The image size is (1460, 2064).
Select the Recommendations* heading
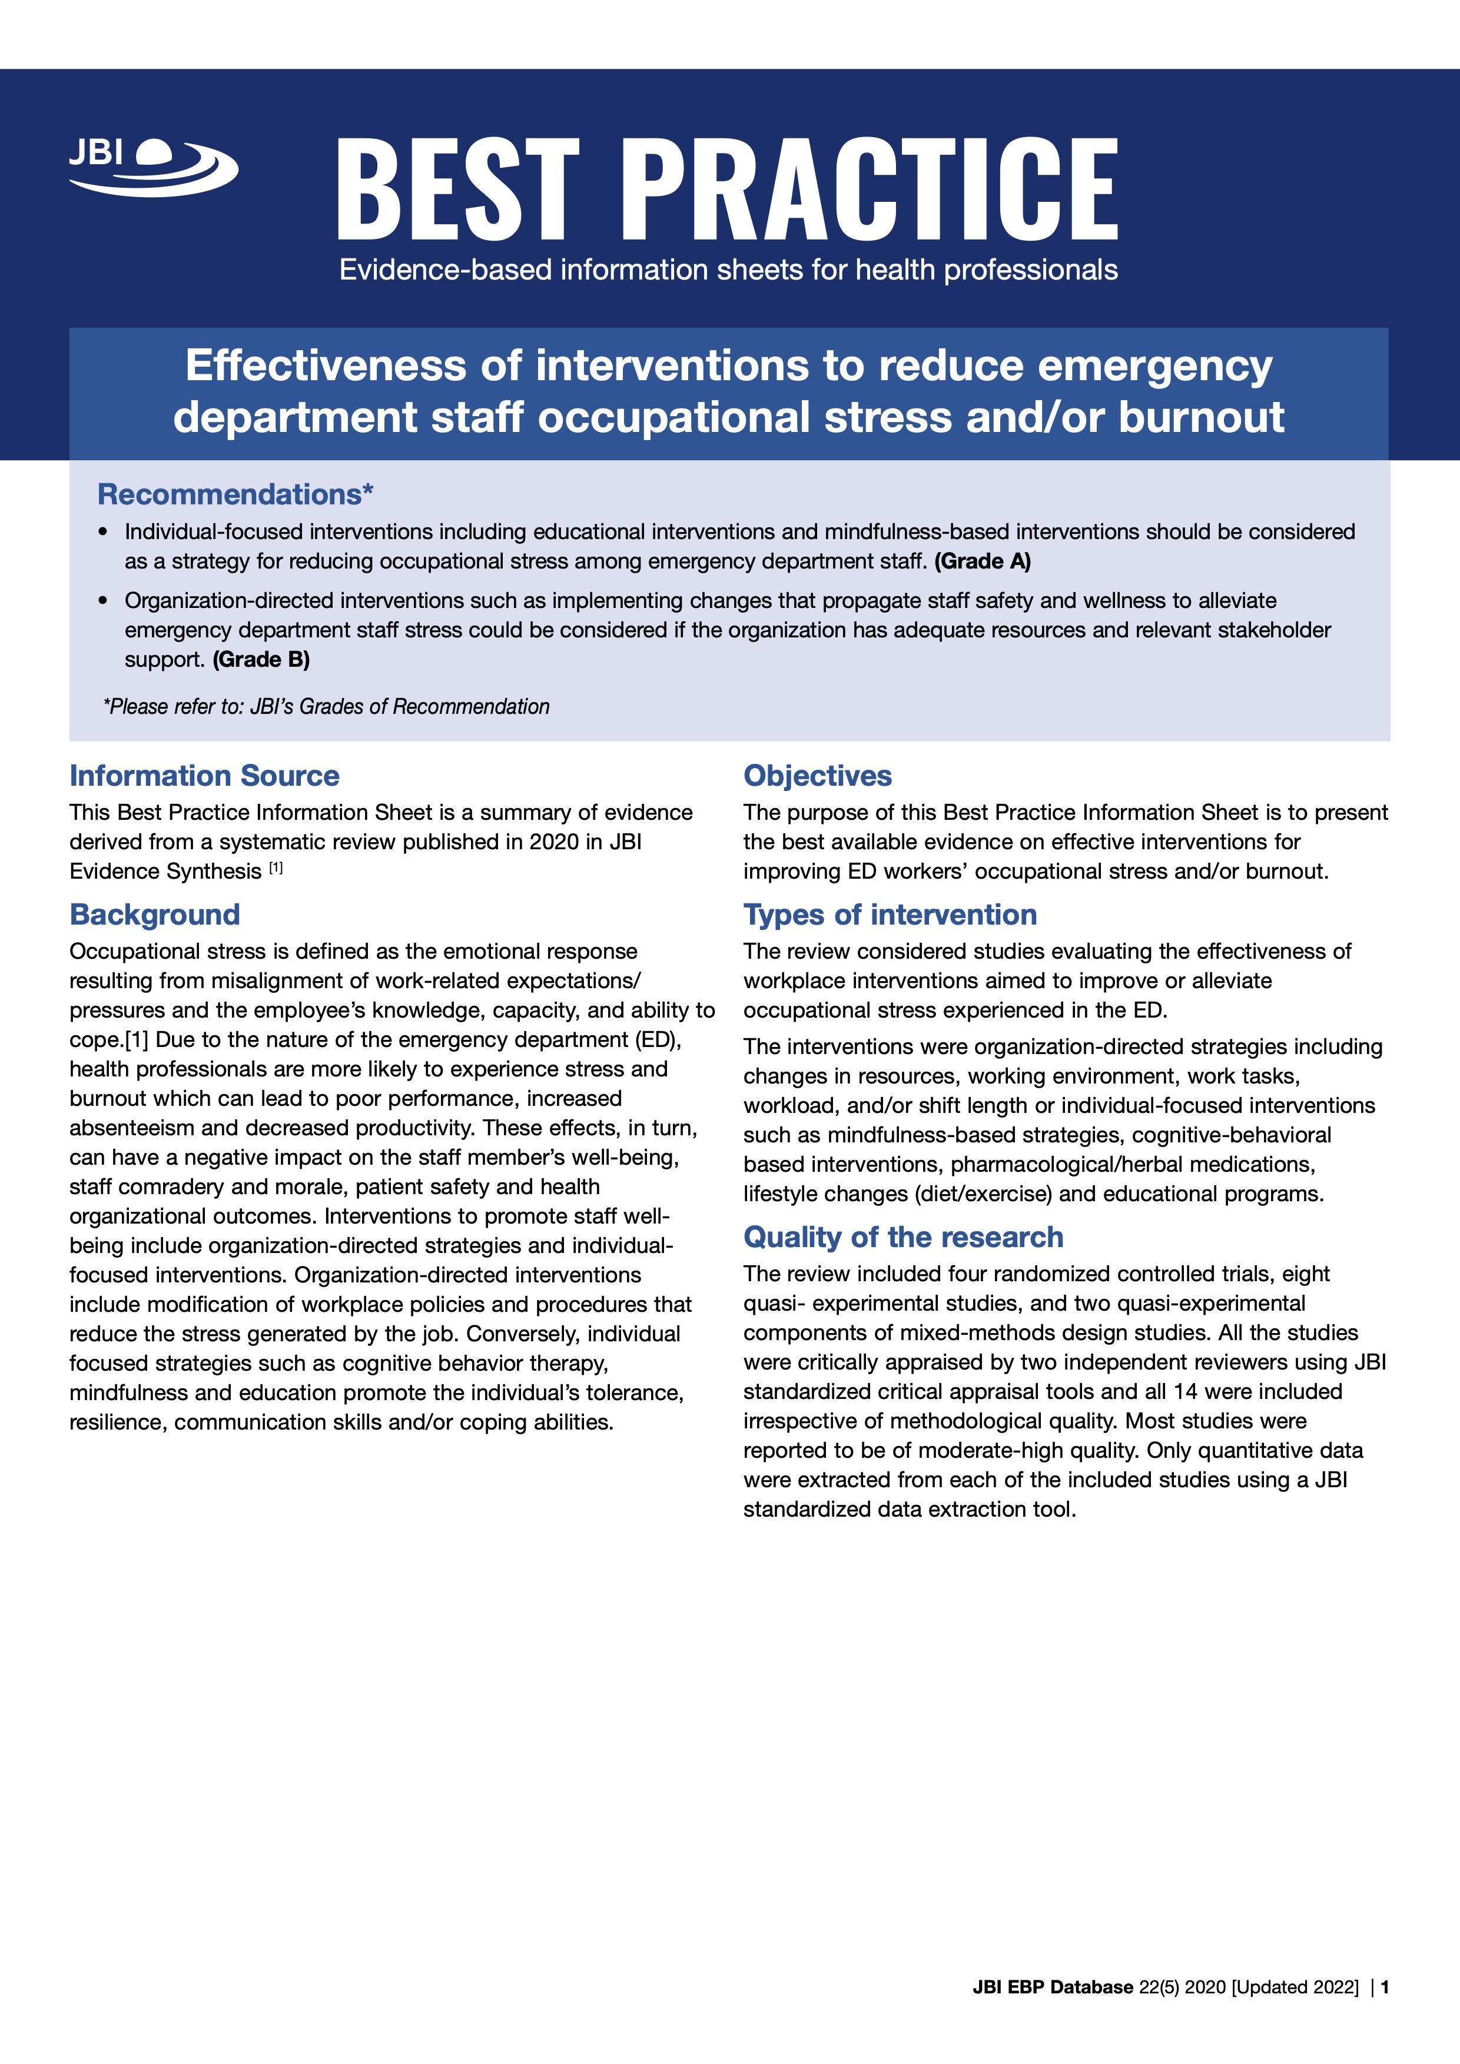pos(235,494)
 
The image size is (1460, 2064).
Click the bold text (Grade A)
pos(983,562)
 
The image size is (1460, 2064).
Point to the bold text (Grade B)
pos(261,660)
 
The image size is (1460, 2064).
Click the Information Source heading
pos(204,776)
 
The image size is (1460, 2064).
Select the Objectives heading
pos(817,776)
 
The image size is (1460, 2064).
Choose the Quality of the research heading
pos(902,1237)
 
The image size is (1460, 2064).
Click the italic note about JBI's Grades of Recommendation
pos(326,707)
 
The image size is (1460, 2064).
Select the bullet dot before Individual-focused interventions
pos(104,532)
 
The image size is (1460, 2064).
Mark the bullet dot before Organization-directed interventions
pos(104,600)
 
